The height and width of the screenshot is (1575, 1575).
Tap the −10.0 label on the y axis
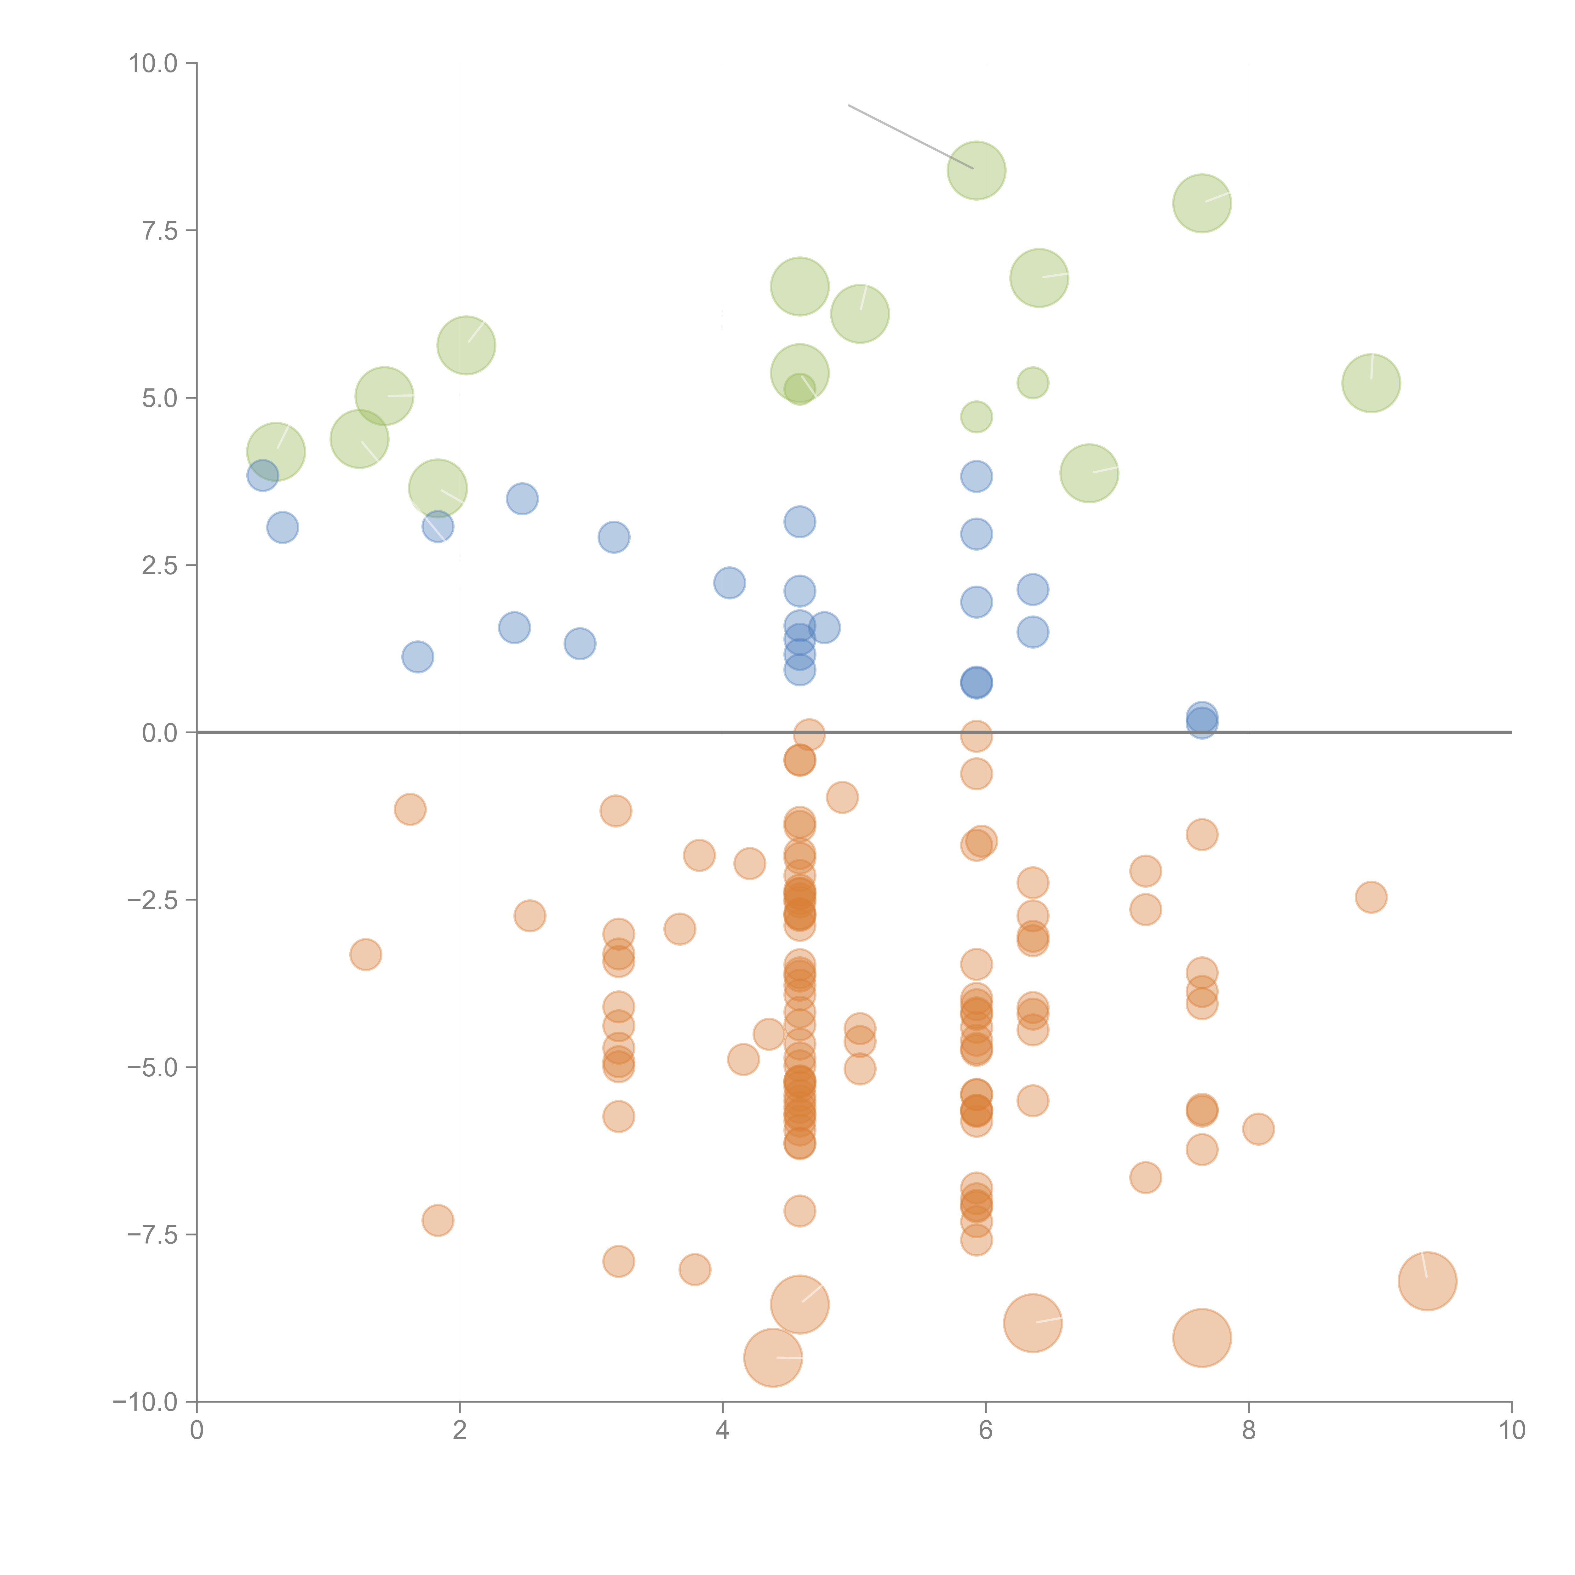click(x=145, y=1402)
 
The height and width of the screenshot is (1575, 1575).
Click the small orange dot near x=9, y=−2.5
click(x=1371, y=897)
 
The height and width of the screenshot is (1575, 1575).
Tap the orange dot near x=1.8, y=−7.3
click(x=438, y=1220)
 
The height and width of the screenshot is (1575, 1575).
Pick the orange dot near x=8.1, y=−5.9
click(x=1258, y=1129)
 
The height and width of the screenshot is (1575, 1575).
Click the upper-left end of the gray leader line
click(x=850, y=105)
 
